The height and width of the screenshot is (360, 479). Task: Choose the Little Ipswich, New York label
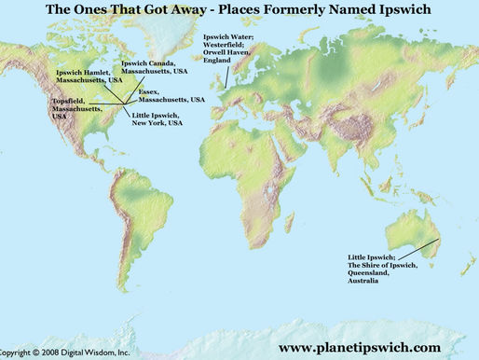coord(154,118)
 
